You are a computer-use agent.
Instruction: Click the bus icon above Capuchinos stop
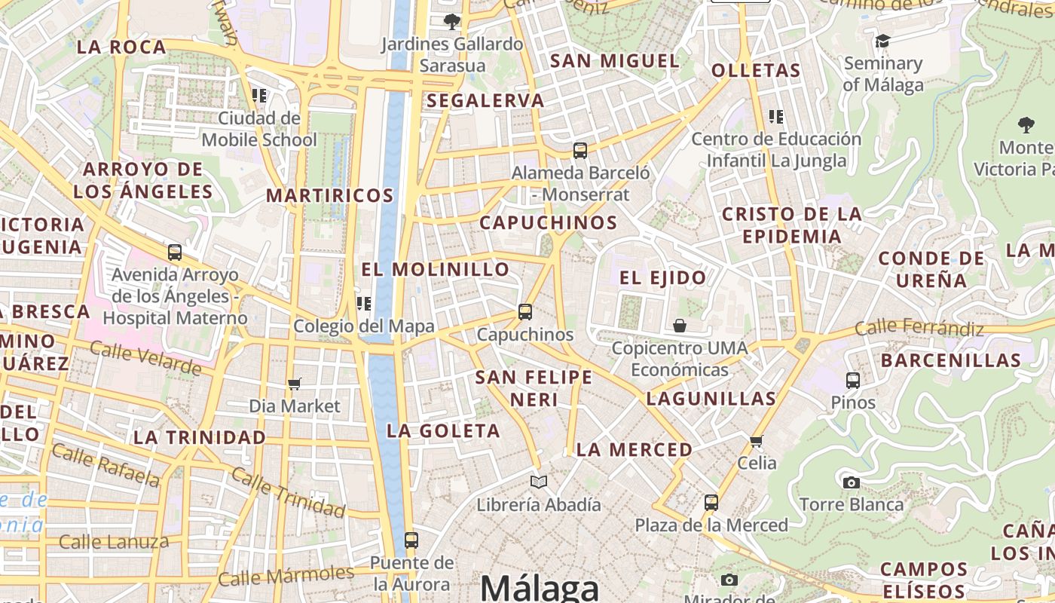pyautogui.click(x=525, y=311)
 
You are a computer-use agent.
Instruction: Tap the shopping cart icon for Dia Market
pyautogui.click(x=295, y=384)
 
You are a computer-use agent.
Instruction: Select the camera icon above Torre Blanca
pyautogui.click(x=852, y=482)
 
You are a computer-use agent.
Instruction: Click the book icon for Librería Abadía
pyautogui.click(x=538, y=482)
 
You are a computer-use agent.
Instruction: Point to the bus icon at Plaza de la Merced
pyautogui.click(x=711, y=502)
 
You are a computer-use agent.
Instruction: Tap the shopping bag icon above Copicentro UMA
pyautogui.click(x=680, y=326)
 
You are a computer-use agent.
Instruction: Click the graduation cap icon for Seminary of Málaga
pyautogui.click(x=882, y=41)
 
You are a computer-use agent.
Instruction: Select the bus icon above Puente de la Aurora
pyautogui.click(x=411, y=540)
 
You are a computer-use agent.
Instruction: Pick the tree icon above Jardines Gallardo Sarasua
pyautogui.click(x=451, y=22)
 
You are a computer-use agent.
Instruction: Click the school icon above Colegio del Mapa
pyautogui.click(x=364, y=304)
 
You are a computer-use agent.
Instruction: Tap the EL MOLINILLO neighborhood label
pyautogui.click(x=436, y=269)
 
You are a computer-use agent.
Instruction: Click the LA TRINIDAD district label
pyautogui.click(x=200, y=437)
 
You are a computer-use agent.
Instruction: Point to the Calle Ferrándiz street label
pyautogui.click(x=919, y=328)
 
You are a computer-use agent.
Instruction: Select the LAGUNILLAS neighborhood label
pyautogui.click(x=711, y=399)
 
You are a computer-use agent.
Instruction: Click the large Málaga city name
pyautogui.click(x=540, y=587)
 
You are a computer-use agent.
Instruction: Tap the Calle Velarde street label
pyautogui.click(x=145, y=358)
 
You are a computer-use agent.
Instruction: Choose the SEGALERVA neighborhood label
pyautogui.click(x=485, y=100)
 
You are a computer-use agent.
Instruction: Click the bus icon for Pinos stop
pyautogui.click(x=853, y=381)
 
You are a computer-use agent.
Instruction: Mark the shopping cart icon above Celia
pyautogui.click(x=757, y=441)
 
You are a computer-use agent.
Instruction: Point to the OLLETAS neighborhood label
pyautogui.click(x=756, y=70)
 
